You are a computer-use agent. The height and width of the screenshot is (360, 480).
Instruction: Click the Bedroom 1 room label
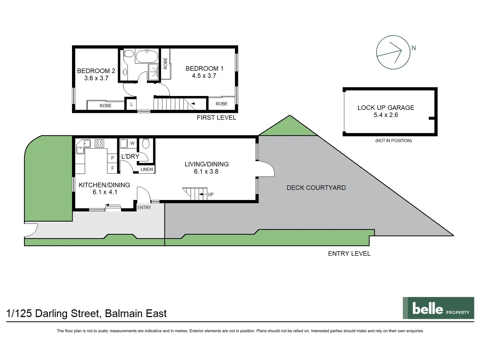204,68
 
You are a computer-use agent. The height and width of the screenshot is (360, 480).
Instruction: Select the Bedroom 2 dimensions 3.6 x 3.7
96,78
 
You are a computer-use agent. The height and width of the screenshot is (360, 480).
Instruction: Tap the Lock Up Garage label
386,108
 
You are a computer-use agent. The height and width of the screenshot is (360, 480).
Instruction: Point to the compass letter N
413,48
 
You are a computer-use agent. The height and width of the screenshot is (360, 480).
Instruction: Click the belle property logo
438,308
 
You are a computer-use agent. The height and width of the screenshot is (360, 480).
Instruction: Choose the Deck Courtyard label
316,188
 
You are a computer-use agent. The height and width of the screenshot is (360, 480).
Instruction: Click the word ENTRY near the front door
144,207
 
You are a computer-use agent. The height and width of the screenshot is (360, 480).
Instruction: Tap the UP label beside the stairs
210,194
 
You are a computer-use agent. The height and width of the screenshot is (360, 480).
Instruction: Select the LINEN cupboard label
147,169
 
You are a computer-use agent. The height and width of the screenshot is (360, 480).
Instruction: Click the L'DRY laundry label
130,156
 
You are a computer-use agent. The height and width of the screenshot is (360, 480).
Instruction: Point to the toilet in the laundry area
146,144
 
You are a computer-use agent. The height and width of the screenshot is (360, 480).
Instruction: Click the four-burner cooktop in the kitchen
99,143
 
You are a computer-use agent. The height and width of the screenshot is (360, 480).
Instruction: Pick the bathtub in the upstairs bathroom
147,56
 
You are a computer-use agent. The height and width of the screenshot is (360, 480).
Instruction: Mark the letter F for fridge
113,168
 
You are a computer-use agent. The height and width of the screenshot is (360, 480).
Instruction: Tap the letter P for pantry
113,158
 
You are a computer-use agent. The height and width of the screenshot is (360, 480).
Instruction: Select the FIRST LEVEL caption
216,118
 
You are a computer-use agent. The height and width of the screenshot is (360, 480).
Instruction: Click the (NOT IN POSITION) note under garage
393,141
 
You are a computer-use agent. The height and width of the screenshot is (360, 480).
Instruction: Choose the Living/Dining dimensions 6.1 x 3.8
206,172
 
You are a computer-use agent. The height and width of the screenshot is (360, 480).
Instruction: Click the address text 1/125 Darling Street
86,313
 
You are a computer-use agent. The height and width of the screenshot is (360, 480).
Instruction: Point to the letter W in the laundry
132,143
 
